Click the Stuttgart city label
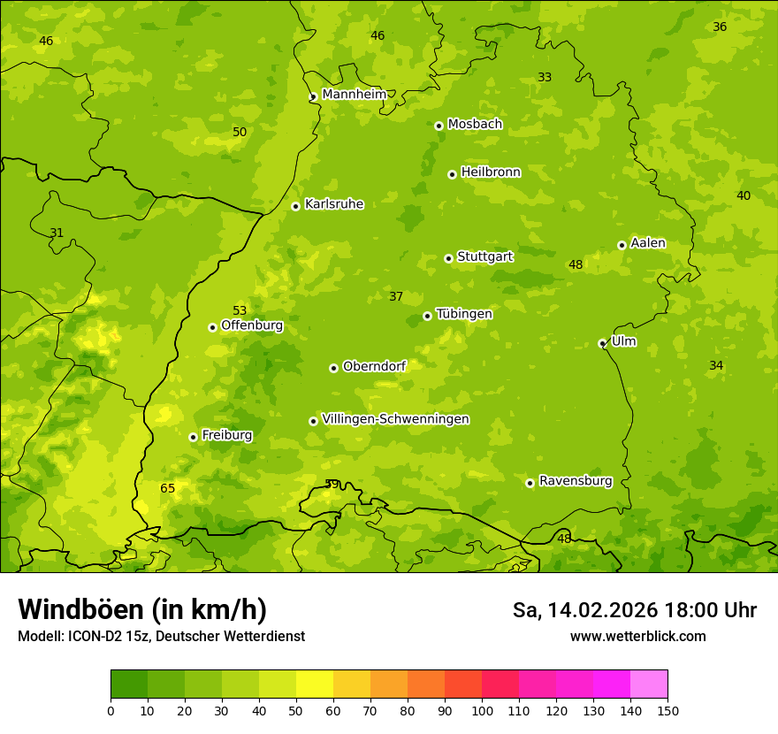click(484, 256)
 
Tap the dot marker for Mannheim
click(313, 97)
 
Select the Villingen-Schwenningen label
click(395, 419)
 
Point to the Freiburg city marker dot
click(193, 437)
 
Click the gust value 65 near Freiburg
click(168, 488)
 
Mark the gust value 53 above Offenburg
click(240, 310)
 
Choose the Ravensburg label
click(576, 481)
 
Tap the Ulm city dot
click(602, 343)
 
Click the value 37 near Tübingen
click(396, 296)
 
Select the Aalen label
click(648, 243)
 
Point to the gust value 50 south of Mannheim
click(240, 132)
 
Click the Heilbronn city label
click(491, 172)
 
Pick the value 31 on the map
click(57, 233)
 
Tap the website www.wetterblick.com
click(637, 636)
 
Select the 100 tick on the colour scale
click(482, 710)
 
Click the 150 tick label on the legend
click(667, 710)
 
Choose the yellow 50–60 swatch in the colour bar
click(315, 684)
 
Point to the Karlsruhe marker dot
click(295, 206)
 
